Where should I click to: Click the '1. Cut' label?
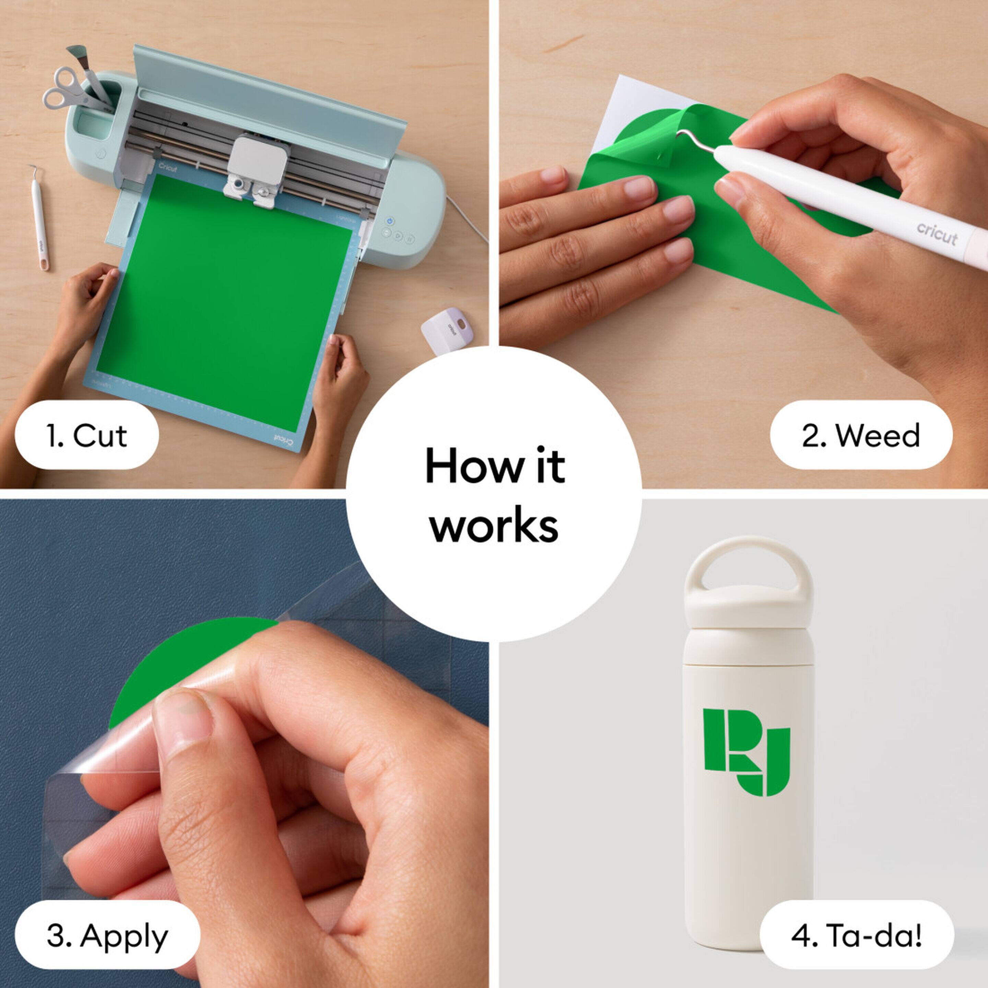tap(86, 436)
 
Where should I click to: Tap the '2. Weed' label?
tap(861, 436)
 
